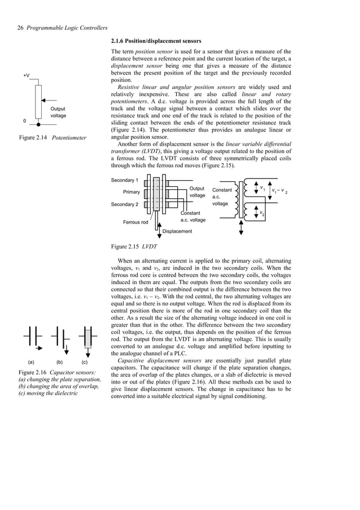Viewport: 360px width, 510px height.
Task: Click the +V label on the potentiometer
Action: click(27, 75)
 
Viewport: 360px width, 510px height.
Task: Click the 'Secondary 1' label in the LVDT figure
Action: click(125, 180)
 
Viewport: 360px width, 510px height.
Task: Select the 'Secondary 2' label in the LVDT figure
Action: click(125, 204)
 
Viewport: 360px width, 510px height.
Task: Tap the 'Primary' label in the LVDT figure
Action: click(131, 192)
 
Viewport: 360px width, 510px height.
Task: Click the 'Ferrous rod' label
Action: click(136, 222)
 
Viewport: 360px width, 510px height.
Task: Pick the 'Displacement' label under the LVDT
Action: click(177, 231)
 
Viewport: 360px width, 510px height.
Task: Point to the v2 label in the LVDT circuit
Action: click(262, 214)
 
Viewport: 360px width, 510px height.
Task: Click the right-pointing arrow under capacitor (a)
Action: click(38, 348)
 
